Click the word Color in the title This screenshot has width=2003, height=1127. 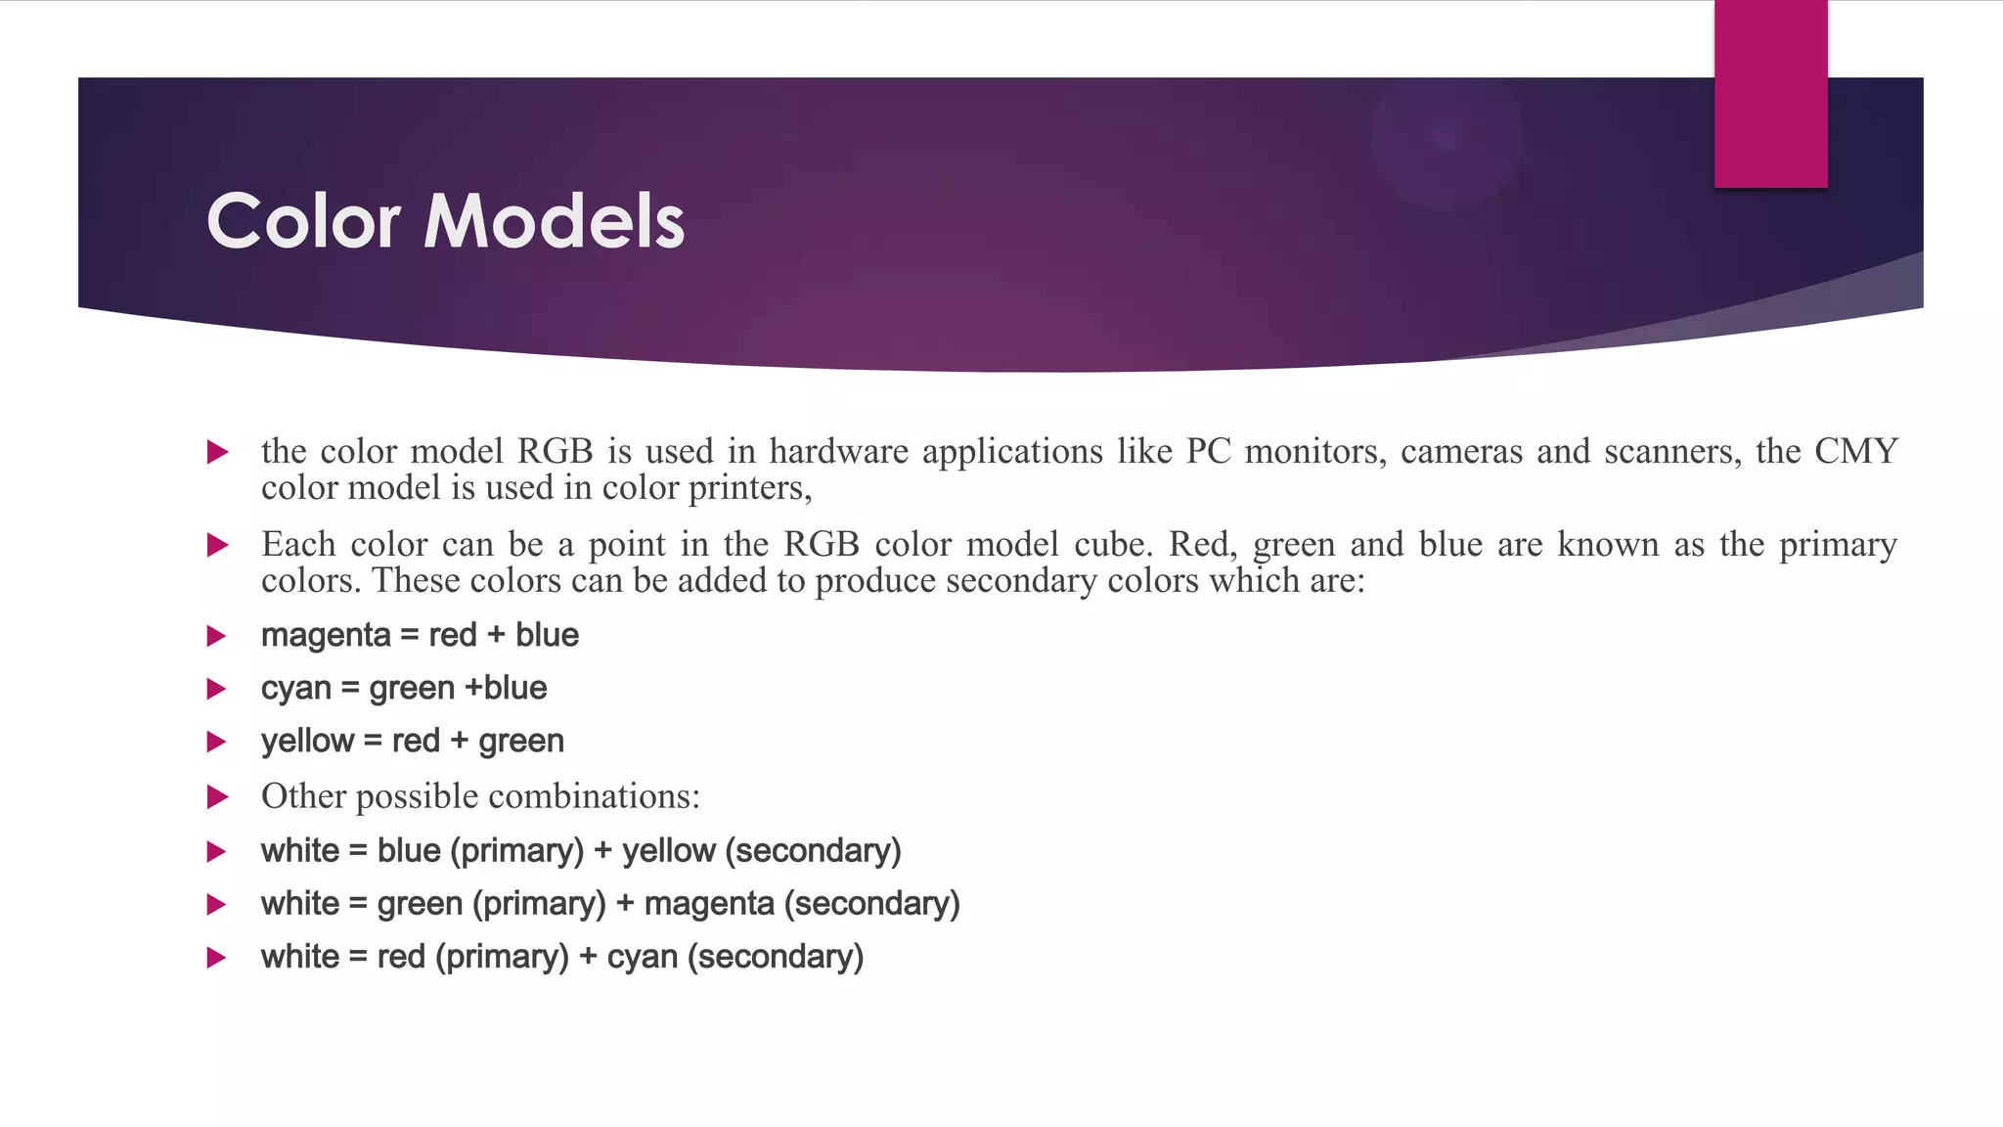(x=303, y=221)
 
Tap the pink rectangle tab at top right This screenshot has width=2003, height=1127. (x=1770, y=94)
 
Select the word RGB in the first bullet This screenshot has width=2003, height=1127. (x=555, y=451)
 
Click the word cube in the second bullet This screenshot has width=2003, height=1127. (x=1113, y=544)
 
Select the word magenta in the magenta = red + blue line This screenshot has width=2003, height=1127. (x=326, y=636)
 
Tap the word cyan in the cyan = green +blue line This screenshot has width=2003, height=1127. (x=295, y=689)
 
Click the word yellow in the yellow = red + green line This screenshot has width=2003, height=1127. (x=306, y=742)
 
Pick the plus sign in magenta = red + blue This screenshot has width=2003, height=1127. (x=496, y=636)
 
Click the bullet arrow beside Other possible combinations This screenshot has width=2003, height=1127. (x=217, y=797)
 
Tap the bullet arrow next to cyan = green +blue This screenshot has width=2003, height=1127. (x=217, y=690)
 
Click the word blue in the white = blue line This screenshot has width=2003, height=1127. (x=409, y=851)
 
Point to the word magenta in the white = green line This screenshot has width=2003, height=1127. (x=709, y=904)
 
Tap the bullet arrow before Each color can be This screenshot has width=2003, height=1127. (x=217, y=545)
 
